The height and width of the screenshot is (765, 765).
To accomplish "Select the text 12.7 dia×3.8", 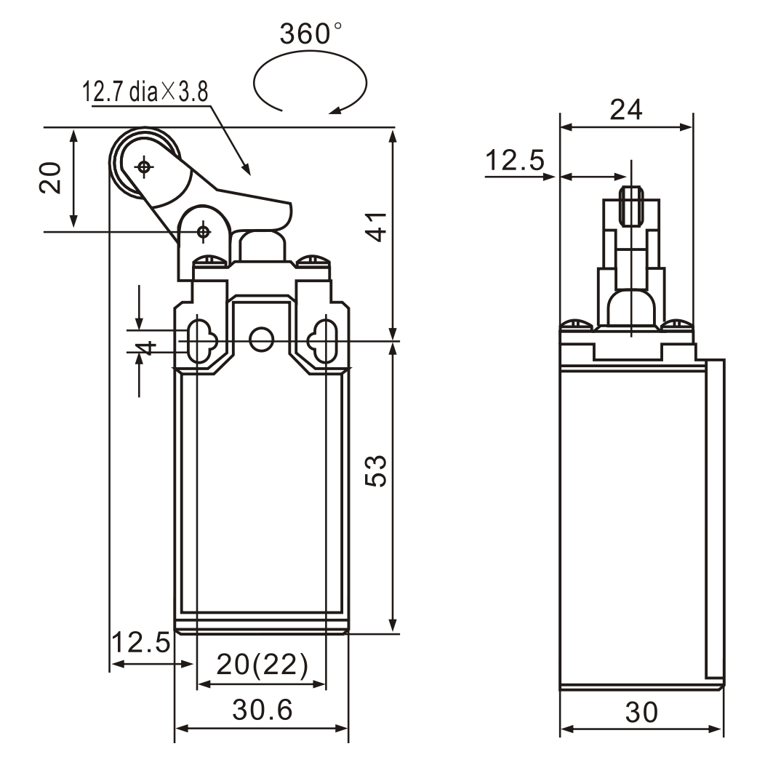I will pyautogui.click(x=145, y=92).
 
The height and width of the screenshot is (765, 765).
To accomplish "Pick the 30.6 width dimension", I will pyautogui.click(x=262, y=710).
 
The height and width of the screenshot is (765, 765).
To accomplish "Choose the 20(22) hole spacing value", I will pyautogui.click(x=262, y=665).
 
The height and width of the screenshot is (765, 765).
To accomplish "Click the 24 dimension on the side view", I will pyautogui.click(x=626, y=109).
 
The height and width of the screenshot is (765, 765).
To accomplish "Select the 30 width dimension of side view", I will pyautogui.click(x=641, y=713).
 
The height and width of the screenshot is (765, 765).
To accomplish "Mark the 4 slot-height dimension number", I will pyautogui.click(x=147, y=347).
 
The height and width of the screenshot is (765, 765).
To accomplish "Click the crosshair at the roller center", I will pyautogui.click(x=145, y=167).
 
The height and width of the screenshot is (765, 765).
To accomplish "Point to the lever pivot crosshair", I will pyautogui.click(x=203, y=231).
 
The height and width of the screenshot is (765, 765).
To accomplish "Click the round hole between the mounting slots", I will pyautogui.click(x=261, y=338).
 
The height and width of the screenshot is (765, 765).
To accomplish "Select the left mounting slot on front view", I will pyautogui.click(x=199, y=339).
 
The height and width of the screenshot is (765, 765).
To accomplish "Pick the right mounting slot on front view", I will pyautogui.click(x=324, y=339).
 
